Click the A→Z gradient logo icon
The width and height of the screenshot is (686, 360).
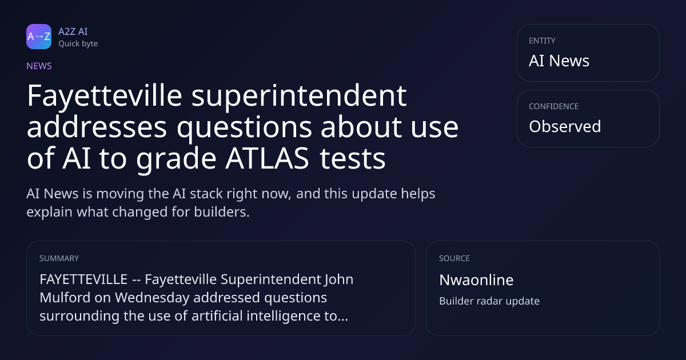(39, 37)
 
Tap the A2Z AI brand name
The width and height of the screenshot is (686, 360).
(73, 31)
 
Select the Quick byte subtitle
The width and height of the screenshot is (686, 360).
(78, 44)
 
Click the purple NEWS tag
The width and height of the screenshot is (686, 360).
(39, 66)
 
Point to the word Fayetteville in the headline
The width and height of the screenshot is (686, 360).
(105, 96)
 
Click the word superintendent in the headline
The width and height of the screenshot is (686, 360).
(299, 96)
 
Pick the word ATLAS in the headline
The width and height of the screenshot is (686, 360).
(267, 158)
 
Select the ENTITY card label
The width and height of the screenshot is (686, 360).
(542, 41)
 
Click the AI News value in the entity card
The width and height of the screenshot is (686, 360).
(559, 61)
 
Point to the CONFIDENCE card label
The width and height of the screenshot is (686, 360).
(554, 106)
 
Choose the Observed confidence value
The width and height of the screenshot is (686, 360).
(565, 126)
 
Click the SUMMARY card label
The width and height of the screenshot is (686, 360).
(59, 258)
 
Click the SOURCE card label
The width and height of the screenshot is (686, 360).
(454, 258)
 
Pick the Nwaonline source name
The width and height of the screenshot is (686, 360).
(476, 280)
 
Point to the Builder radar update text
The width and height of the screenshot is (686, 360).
(489, 301)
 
